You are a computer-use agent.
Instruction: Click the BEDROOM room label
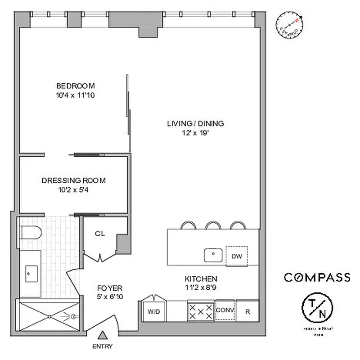(75, 86)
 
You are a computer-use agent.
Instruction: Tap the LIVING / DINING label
(195, 123)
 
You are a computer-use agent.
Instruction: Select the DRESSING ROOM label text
(73, 180)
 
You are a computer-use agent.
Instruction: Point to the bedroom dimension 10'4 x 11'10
(75, 95)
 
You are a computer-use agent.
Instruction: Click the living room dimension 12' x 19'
(195, 133)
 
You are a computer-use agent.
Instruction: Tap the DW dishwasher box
(237, 256)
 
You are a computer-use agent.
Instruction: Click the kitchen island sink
(212, 255)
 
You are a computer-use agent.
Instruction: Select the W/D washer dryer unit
(153, 311)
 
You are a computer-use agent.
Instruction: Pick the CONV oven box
(225, 310)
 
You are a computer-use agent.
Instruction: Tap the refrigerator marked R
(247, 311)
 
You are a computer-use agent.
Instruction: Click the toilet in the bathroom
(31, 233)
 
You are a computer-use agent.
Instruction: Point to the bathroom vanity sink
(31, 272)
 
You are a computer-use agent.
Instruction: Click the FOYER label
(110, 288)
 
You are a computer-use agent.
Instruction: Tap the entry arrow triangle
(103, 335)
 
